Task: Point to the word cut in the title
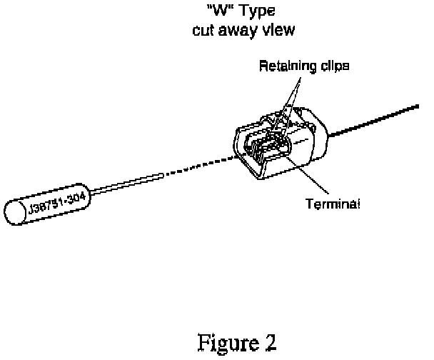[203, 31]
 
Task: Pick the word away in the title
[236, 31]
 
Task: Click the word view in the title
[274, 31]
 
